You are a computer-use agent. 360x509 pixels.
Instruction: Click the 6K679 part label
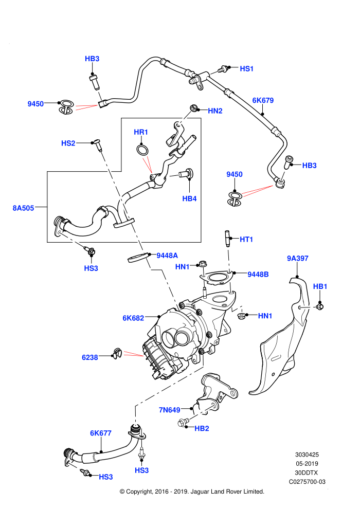[x=263, y=100]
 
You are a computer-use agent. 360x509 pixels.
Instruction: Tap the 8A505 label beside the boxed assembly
[x=23, y=208]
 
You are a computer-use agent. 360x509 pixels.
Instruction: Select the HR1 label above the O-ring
[x=141, y=132]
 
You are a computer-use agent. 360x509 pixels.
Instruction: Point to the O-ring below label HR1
[x=142, y=150]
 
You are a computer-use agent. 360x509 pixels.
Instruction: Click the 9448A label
[x=167, y=256]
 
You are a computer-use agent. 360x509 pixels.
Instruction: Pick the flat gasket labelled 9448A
[x=139, y=258]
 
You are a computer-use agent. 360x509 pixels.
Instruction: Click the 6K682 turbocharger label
[x=133, y=318]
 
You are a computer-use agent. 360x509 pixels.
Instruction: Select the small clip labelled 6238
[x=117, y=354]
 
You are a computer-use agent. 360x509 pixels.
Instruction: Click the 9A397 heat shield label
[x=298, y=259]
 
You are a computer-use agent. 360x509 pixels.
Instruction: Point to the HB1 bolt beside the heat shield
[x=320, y=306]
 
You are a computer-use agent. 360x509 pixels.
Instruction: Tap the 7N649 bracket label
[x=169, y=410]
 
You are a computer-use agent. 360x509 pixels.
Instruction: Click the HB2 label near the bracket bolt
[x=202, y=428]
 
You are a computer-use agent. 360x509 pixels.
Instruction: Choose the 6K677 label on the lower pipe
[x=101, y=433]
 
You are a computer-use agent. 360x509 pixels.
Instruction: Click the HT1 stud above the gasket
[x=227, y=239]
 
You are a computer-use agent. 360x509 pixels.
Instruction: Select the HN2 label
[x=215, y=111]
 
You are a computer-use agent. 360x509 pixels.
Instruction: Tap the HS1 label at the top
[x=246, y=69]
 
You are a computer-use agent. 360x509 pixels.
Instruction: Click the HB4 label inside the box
[x=189, y=198]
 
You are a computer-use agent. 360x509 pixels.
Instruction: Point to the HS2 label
[x=68, y=143]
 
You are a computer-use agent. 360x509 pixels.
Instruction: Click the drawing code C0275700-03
[x=307, y=482]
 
